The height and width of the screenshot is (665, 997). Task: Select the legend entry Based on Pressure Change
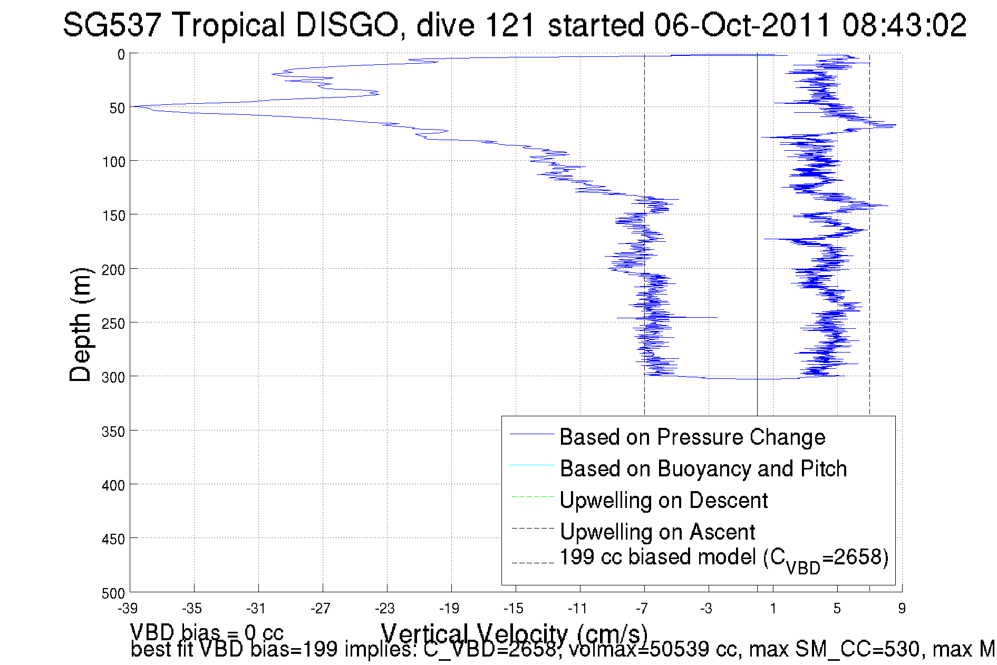[x=692, y=437]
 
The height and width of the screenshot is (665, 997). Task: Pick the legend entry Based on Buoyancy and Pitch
[x=703, y=468]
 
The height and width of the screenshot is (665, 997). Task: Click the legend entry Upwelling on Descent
[x=663, y=500]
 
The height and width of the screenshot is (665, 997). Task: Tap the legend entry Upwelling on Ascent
[x=657, y=532]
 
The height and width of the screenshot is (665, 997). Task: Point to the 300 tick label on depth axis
[x=114, y=377]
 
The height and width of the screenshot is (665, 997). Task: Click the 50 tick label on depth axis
[x=117, y=109]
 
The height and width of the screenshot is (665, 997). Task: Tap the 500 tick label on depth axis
[x=114, y=593]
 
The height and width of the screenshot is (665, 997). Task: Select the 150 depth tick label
[x=114, y=216]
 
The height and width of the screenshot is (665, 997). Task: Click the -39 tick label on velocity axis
[x=128, y=609]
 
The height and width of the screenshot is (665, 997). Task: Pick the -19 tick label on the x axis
[x=449, y=609]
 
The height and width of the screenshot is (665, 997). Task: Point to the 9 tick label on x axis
[x=902, y=609]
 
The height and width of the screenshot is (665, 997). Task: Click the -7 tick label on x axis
[x=642, y=609]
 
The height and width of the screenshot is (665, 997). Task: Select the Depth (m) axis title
[x=81, y=325]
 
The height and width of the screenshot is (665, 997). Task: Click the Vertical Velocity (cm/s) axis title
[x=514, y=633]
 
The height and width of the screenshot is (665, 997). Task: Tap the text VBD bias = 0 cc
[x=207, y=631]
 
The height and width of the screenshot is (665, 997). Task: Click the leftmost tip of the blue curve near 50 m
[x=132, y=106]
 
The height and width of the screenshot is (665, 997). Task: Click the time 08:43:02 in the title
[x=904, y=25]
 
